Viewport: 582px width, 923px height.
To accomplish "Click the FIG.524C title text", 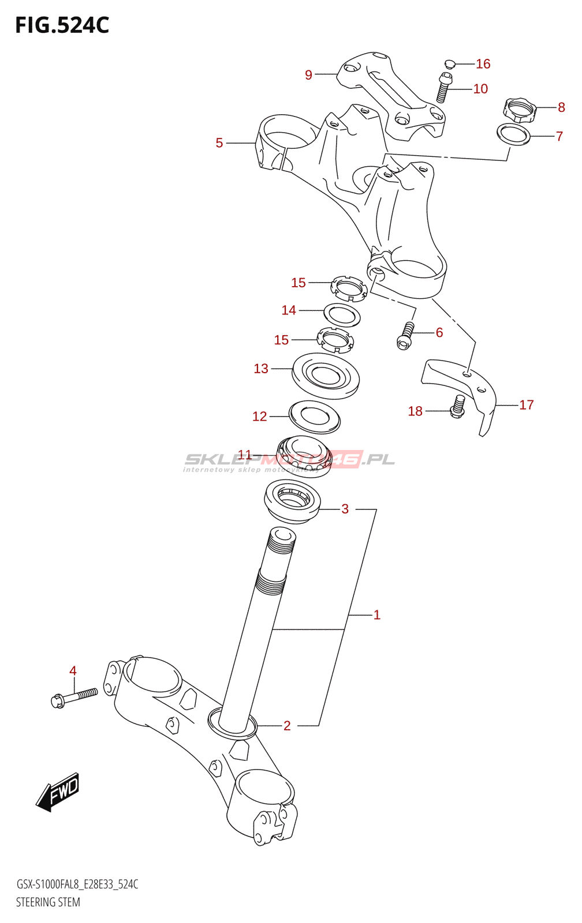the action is click(x=62, y=25).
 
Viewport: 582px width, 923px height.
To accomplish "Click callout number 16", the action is click(x=483, y=64).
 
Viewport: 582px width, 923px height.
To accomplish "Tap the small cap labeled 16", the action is click(x=450, y=63).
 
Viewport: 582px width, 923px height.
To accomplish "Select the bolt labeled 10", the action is click(x=443, y=88).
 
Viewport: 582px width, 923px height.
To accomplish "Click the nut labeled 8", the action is click(x=520, y=109).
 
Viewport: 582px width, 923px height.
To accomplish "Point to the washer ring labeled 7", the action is click(x=513, y=134).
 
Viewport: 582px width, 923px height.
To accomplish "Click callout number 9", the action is click(x=308, y=75).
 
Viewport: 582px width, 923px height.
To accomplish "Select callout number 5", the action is click(x=219, y=143).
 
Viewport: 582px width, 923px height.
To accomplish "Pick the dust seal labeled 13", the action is click(x=326, y=376).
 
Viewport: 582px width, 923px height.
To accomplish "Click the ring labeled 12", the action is click(x=314, y=417).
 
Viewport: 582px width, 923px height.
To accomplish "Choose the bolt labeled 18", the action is click(x=458, y=406).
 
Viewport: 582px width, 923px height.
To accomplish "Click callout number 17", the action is click(x=526, y=405).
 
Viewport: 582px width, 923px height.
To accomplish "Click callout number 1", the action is click(x=377, y=615).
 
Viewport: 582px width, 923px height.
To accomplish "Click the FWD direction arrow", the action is click(x=58, y=791).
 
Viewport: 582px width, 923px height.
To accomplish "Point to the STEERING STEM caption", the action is click(x=48, y=902).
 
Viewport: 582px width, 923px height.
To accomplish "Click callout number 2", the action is click(x=287, y=726).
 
